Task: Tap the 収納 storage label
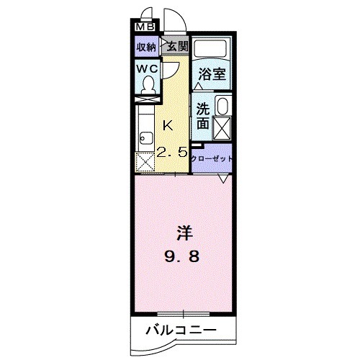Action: point(147,47)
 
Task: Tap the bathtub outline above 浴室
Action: point(212,50)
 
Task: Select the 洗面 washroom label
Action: point(203,117)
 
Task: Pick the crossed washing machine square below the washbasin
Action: point(222,128)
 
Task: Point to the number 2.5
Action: point(173,151)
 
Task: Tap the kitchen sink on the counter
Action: point(145,135)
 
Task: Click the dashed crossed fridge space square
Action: point(145,163)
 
